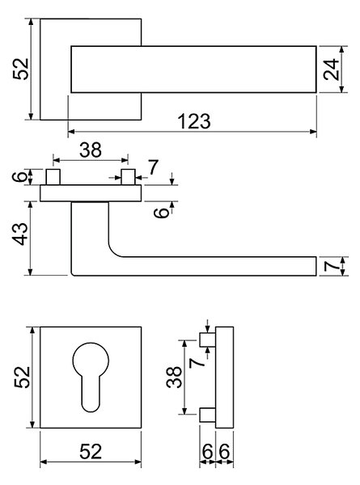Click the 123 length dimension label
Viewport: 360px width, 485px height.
195,121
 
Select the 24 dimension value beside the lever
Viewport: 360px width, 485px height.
331,70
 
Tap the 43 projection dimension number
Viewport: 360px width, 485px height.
21,234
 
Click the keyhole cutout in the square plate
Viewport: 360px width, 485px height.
91,377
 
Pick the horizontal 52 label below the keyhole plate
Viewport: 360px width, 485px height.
91,451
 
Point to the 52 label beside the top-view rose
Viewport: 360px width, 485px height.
21,69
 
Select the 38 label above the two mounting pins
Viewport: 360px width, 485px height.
90,150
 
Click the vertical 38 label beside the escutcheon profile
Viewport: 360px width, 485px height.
174,377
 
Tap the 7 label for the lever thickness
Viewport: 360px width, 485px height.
330,266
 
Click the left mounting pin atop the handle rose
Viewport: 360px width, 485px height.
53,177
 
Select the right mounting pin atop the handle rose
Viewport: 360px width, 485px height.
128,177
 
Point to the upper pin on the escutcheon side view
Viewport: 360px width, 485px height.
207,339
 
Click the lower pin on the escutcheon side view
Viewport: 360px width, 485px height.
207,415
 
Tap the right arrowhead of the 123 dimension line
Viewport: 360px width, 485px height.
313,132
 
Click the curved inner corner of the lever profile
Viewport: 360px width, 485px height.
113,251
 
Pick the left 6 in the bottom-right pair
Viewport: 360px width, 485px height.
207,452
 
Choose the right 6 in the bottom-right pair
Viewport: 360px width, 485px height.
224,452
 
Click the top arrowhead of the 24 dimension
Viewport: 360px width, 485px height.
341,50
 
